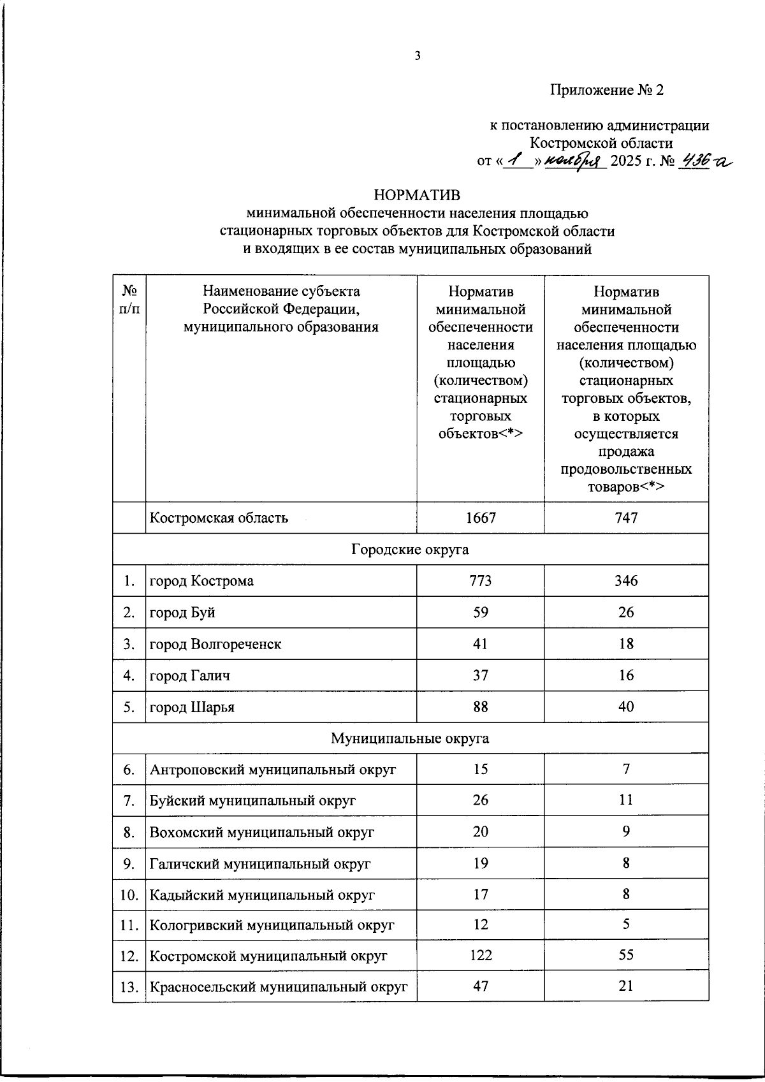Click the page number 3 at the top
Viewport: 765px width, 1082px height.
(418, 56)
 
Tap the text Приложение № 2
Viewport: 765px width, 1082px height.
(607, 90)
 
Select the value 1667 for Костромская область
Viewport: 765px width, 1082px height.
(481, 518)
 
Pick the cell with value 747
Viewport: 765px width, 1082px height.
(626, 518)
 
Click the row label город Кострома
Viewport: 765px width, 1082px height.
(201, 581)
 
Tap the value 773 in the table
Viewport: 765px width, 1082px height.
(481, 581)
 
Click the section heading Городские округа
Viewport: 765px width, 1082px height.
(410, 550)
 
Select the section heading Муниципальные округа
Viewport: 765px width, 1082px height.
(410, 738)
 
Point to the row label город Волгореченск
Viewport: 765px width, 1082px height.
(215, 644)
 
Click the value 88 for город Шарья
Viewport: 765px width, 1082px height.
(481, 707)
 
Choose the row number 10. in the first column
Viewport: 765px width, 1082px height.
(129, 895)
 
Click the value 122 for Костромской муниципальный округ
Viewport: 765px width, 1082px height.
(481, 956)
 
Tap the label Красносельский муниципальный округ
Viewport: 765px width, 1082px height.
(279, 987)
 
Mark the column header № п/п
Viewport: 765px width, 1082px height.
(129, 300)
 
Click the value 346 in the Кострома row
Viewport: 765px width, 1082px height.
(626, 581)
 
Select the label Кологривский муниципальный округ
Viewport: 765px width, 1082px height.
(272, 925)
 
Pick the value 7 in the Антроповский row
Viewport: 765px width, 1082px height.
(626, 770)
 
